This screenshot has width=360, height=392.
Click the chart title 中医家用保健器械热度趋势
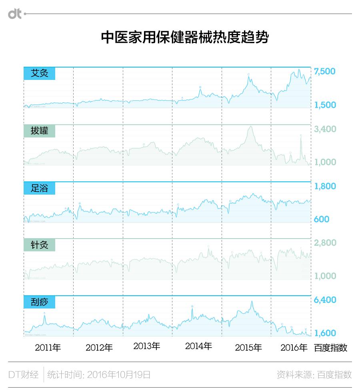click(x=184, y=38)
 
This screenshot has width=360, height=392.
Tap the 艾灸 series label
click(x=39, y=74)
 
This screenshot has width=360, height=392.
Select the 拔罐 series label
click(x=39, y=131)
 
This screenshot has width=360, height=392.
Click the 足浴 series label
click(x=39, y=188)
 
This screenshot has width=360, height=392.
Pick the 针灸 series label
click(x=39, y=245)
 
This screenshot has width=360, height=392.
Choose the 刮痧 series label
click(x=39, y=302)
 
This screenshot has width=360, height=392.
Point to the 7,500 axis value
click(x=325, y=72)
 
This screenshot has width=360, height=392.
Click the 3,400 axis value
click(x=325, y=129)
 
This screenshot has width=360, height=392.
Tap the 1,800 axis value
click(x=325, y=186)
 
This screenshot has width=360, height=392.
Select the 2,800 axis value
click(x=325, y=243)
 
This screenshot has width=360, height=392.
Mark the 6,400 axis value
click(x=325, y=300)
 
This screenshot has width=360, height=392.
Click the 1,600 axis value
click(x=325, y=333)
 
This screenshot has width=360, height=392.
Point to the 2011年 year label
click(x=48, y=348)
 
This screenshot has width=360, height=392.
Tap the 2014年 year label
click(x=198, y=346)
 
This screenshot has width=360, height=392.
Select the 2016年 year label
click(x=294, y=348)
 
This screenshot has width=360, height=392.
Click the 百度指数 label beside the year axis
click(x=330, y=348)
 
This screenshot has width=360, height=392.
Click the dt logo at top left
click(x=15, y=14)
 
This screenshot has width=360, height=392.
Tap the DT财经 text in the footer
click(x=24, y=375)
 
